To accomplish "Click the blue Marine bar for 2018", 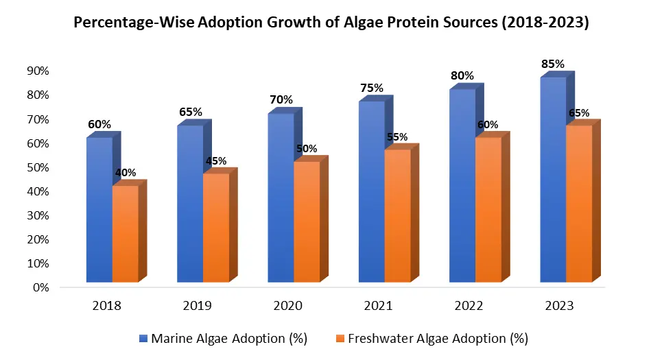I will tap(99, 209).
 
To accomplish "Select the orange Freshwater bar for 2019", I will tap(215, 227).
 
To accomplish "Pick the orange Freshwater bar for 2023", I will tap(578, 203).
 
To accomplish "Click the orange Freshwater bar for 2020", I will tap(307, 221).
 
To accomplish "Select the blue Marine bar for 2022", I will tap(462, 185).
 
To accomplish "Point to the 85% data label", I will tap(552, 64).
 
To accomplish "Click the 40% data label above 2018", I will tap(124, 173).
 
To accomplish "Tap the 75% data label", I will tap(371, 88).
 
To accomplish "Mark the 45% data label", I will tap(215, 161).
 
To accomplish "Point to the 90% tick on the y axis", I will tap(38, 71).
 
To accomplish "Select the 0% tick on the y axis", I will tap(40, 287).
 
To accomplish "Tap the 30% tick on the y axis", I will tap(38, 215).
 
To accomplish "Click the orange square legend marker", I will tap(342, 338).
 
